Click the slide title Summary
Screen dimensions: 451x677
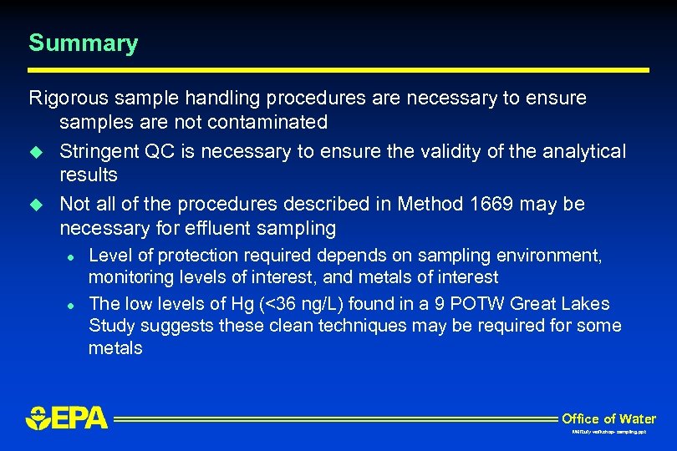coord(83,43)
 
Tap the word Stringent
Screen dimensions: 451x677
coord(99,152)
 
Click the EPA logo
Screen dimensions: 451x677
coord(67,417)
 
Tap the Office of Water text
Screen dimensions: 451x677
coord(608,418)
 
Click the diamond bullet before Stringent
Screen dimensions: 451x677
coord(35,152)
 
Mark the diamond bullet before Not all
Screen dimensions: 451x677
coord(35,205)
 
